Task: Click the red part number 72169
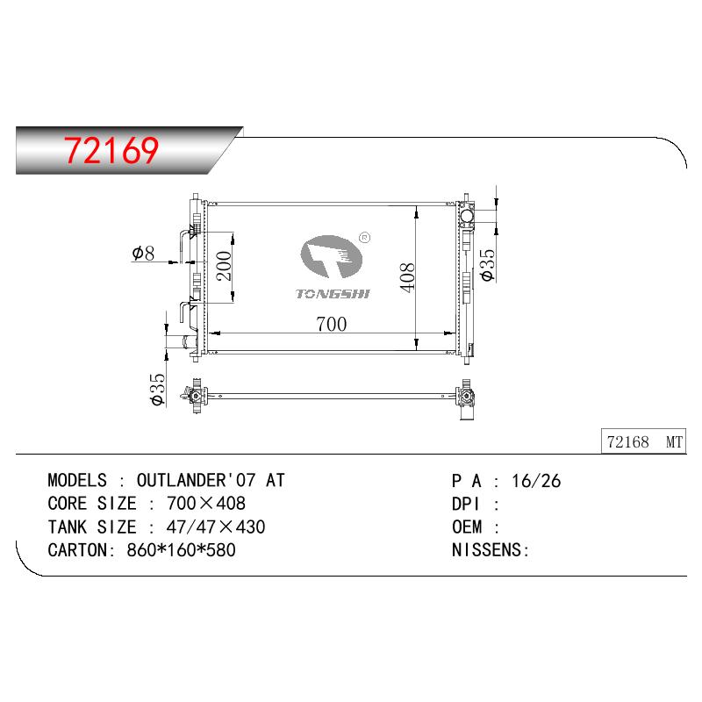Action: (x=111, y=150)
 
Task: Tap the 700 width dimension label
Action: (x=332, y=324)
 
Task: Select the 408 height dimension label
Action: (x=407, y=277)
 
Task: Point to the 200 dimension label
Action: (x=224, y=266)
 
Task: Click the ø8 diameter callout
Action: (x=143, y=253)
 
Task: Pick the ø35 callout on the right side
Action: (x=488, y=265)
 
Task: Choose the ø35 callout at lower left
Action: (x=158, y=389)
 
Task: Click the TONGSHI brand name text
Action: (x=333, y=294)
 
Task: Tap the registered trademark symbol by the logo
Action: (x=365, y=238)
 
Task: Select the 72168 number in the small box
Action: (x=627, y=442)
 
